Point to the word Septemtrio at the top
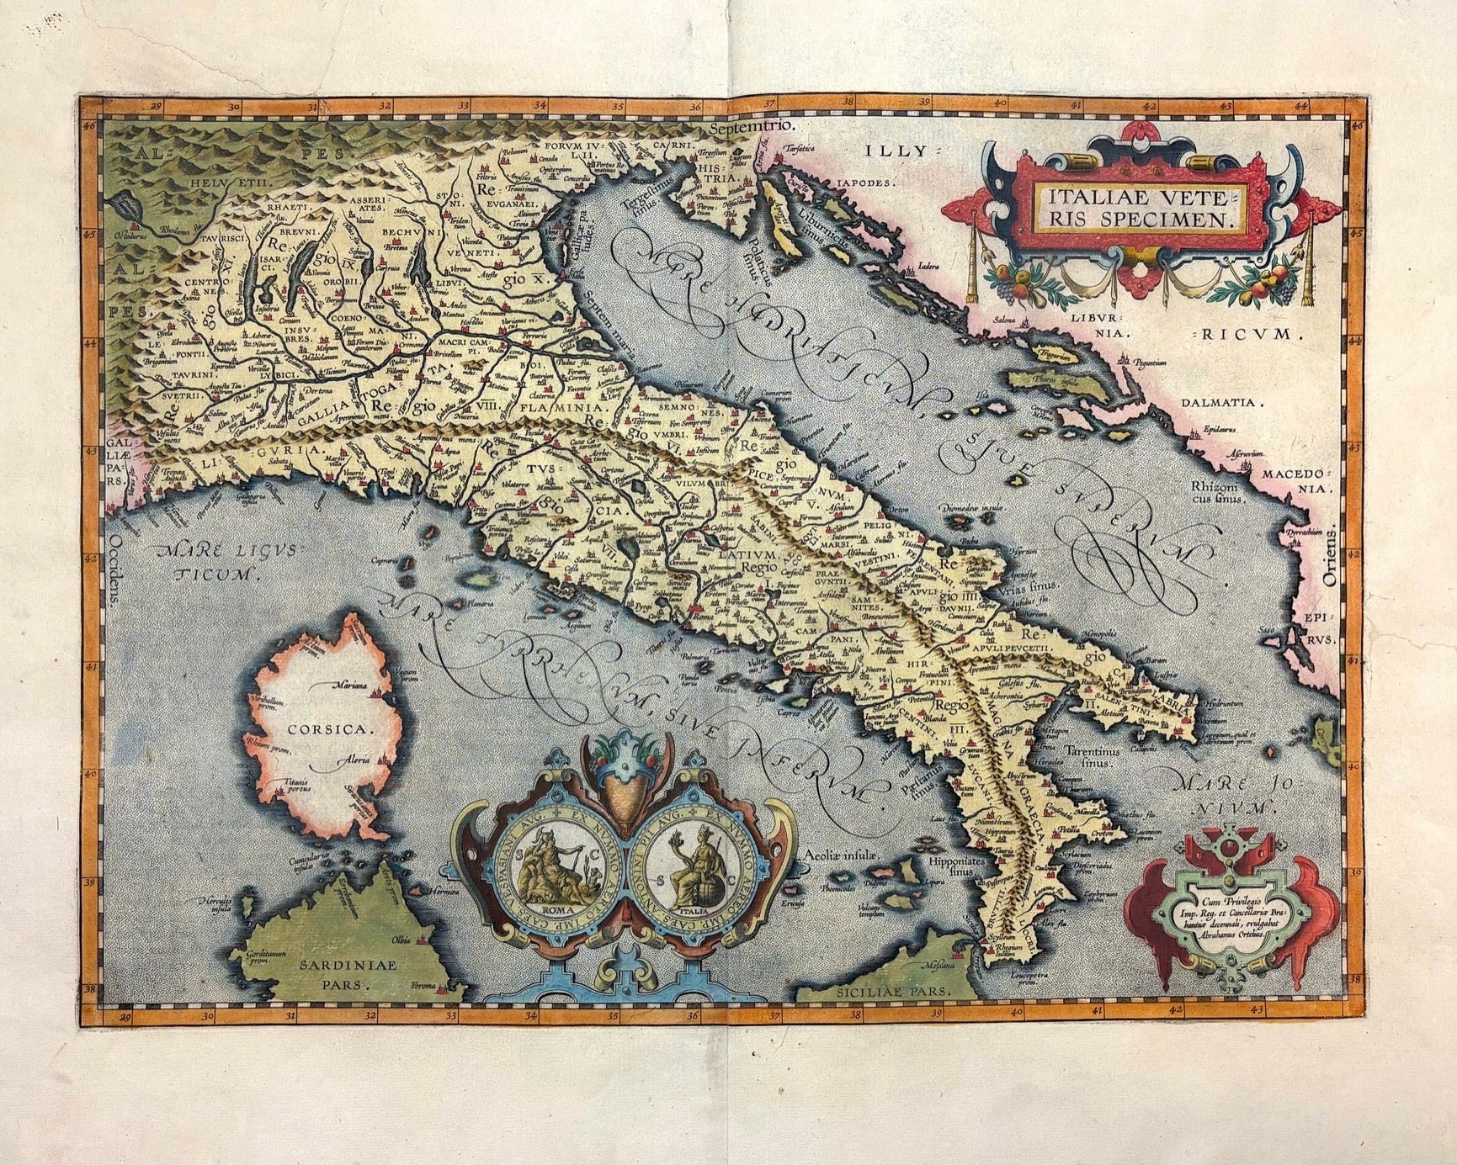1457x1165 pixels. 752,127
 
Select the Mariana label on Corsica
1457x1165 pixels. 350,686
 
